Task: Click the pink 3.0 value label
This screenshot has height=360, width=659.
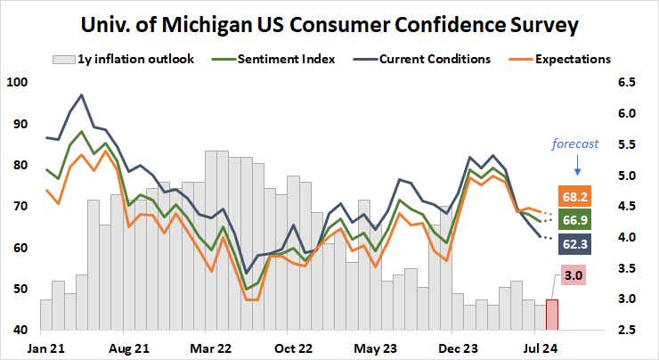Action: point(573,276)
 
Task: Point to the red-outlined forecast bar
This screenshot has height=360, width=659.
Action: point(552,315)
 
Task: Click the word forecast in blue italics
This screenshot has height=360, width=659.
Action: point(574,143)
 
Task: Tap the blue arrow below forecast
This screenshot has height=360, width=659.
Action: point(576,165)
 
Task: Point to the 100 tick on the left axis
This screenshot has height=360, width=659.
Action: point(17,82)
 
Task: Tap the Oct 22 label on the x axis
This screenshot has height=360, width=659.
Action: point(291,346)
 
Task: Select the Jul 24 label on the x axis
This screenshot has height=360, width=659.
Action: point(541,346)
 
